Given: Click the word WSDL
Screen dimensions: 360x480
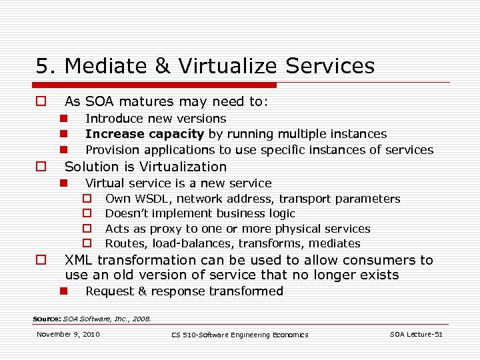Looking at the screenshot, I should [153, 199].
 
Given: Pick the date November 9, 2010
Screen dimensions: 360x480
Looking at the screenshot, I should [68, 334].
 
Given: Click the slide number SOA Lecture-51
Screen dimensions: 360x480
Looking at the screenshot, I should [416, 334].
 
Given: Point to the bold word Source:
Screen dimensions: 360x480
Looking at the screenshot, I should [47, 319].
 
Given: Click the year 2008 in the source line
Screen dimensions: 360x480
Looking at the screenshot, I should [141, 319].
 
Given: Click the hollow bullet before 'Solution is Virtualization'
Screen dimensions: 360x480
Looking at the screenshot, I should [41, 167].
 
